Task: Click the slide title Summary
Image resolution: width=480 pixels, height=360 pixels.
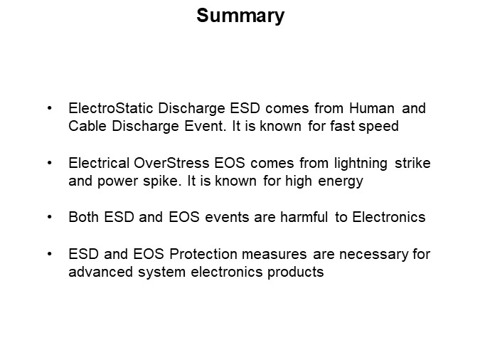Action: pos(240,16)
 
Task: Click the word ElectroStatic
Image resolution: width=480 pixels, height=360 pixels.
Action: pos(105,109)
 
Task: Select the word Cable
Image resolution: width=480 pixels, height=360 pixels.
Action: pos(85,127)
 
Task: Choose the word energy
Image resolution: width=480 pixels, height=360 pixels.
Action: pos(340,181)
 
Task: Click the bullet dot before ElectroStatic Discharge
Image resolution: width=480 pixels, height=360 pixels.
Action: pos(49,109)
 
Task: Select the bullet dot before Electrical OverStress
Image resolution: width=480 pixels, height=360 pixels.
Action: pos(49,163)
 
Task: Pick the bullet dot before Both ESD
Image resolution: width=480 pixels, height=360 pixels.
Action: pos(49,217)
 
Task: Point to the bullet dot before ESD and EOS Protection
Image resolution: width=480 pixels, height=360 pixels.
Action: pos(49,254)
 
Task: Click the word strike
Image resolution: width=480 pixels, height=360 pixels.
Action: pos(414,163)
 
